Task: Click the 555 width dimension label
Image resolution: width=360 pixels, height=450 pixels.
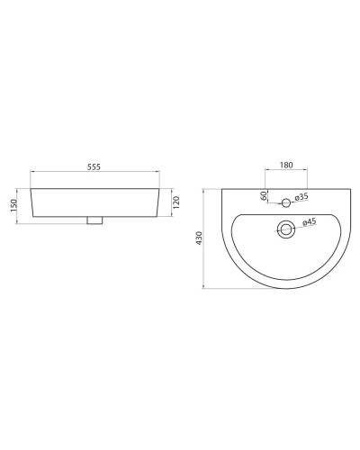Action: [x=94, y=167]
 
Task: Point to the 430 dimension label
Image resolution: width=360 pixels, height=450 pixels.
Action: [x=200, y=238]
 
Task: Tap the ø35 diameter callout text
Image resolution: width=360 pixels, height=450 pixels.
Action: [x=301, y=197]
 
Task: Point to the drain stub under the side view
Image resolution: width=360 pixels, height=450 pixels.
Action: [x=94, y=221]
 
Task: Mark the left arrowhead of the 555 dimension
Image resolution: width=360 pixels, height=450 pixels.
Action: [x=32, y=175]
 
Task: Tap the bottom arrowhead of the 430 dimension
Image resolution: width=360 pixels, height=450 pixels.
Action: [x=207, y=287]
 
